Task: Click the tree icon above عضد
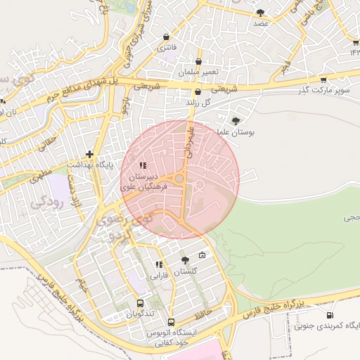260,12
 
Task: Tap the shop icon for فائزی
166,37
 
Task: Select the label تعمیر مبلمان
199,72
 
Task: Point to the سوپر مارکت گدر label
323,91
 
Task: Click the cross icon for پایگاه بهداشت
89,153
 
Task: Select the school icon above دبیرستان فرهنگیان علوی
143,166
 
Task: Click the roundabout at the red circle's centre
180,180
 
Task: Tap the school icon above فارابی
159,264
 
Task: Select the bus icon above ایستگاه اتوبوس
171,321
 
